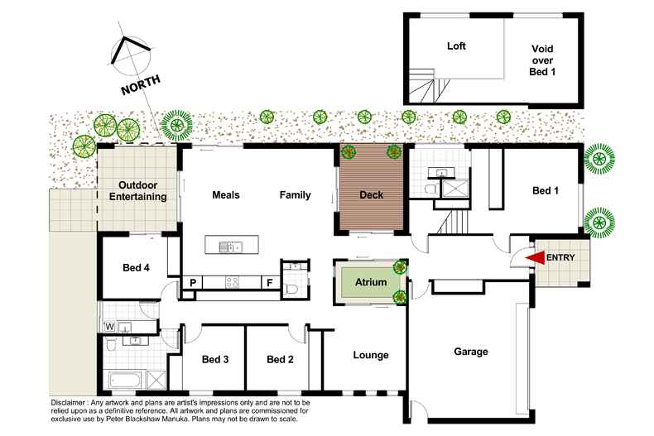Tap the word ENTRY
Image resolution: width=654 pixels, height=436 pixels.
pos(563,258)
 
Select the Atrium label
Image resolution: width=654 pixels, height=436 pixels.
pos(371,283)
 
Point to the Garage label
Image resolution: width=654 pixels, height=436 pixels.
pos(470,352)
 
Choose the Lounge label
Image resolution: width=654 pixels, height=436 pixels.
pos(371,356)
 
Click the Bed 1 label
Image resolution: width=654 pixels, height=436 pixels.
pos(545,191)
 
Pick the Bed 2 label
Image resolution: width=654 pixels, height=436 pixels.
pos(281,360)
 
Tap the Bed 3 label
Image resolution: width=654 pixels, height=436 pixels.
pos(215,360)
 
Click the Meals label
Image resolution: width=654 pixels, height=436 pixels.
pos(226,195)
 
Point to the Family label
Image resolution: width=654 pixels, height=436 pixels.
pos(295,195)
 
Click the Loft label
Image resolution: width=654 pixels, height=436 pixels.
pos(456,46)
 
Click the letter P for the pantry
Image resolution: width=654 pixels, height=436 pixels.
pos(192,283)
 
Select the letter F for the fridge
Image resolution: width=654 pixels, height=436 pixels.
pos(269,283)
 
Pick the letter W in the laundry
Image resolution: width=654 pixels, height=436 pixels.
pos(108,326)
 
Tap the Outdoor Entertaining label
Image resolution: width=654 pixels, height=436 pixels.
pos(138,191)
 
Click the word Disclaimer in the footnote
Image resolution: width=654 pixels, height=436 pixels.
pos(72,403)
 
